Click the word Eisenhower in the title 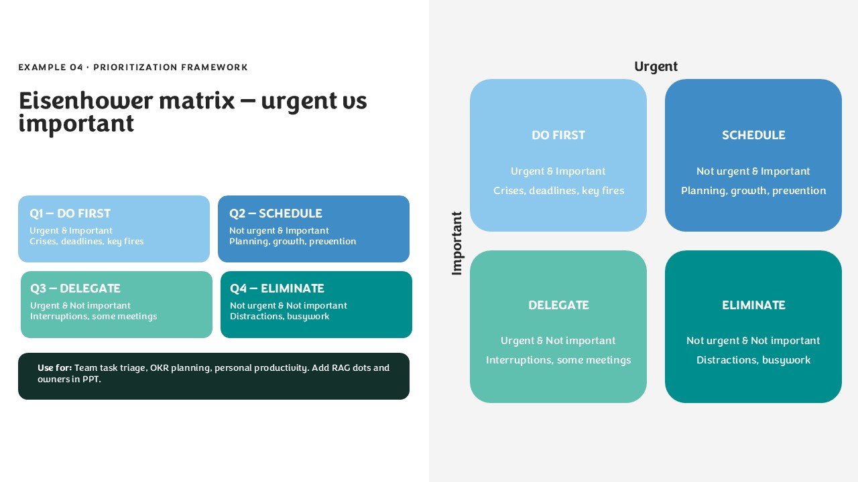coord(86,100)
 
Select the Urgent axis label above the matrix coord(656,67)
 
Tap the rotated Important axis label coord(456,243)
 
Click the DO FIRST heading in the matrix coord(558,135)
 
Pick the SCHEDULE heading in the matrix coord(753,135)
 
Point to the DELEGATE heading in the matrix coord(558,305)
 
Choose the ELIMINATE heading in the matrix coord(753,305)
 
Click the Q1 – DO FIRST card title coord(70,213)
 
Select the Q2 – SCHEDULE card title coord(275,213)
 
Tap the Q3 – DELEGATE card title coord(75,288)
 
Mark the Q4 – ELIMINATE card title coord(277,288)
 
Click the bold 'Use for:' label coord(54,368)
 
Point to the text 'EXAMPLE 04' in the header coord(50,68)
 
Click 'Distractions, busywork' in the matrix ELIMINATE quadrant coord(753,360)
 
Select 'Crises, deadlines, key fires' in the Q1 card coord(86,242)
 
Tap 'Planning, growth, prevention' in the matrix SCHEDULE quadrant coord(753,191)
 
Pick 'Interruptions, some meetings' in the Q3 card coord(93,317)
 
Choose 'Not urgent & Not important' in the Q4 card coord(288,305)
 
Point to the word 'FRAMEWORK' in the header coord(214,68)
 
